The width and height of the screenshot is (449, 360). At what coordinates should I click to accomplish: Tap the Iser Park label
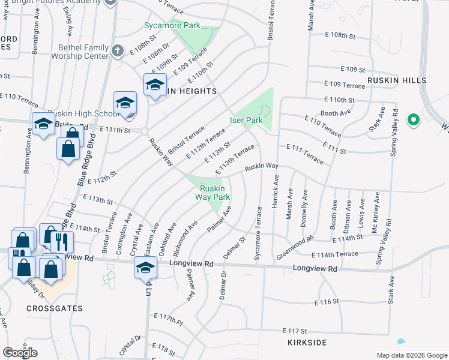point(247,120)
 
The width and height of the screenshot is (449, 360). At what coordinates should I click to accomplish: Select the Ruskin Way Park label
point(214,192)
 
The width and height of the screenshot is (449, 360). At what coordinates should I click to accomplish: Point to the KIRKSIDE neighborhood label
point(307,342)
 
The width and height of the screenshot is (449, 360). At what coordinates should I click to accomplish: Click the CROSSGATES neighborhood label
point(55,308)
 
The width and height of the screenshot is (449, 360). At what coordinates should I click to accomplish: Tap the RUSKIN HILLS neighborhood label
point(397,80)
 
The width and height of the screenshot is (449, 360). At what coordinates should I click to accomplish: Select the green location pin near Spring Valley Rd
point(413,120)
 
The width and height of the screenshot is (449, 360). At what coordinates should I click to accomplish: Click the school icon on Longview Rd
point(145,267)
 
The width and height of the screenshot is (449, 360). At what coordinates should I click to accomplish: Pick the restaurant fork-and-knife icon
point(62,241)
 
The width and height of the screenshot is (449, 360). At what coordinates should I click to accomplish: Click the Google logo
point(20,353)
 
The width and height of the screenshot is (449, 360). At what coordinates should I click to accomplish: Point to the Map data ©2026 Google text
point(411,355)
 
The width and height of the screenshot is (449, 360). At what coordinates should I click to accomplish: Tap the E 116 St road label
point(327,302)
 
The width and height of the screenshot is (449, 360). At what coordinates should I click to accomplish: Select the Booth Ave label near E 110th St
point(336,112)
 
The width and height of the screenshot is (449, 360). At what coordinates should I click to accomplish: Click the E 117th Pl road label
point(167,319)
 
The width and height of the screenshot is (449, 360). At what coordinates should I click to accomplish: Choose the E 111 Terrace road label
point(305,154)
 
